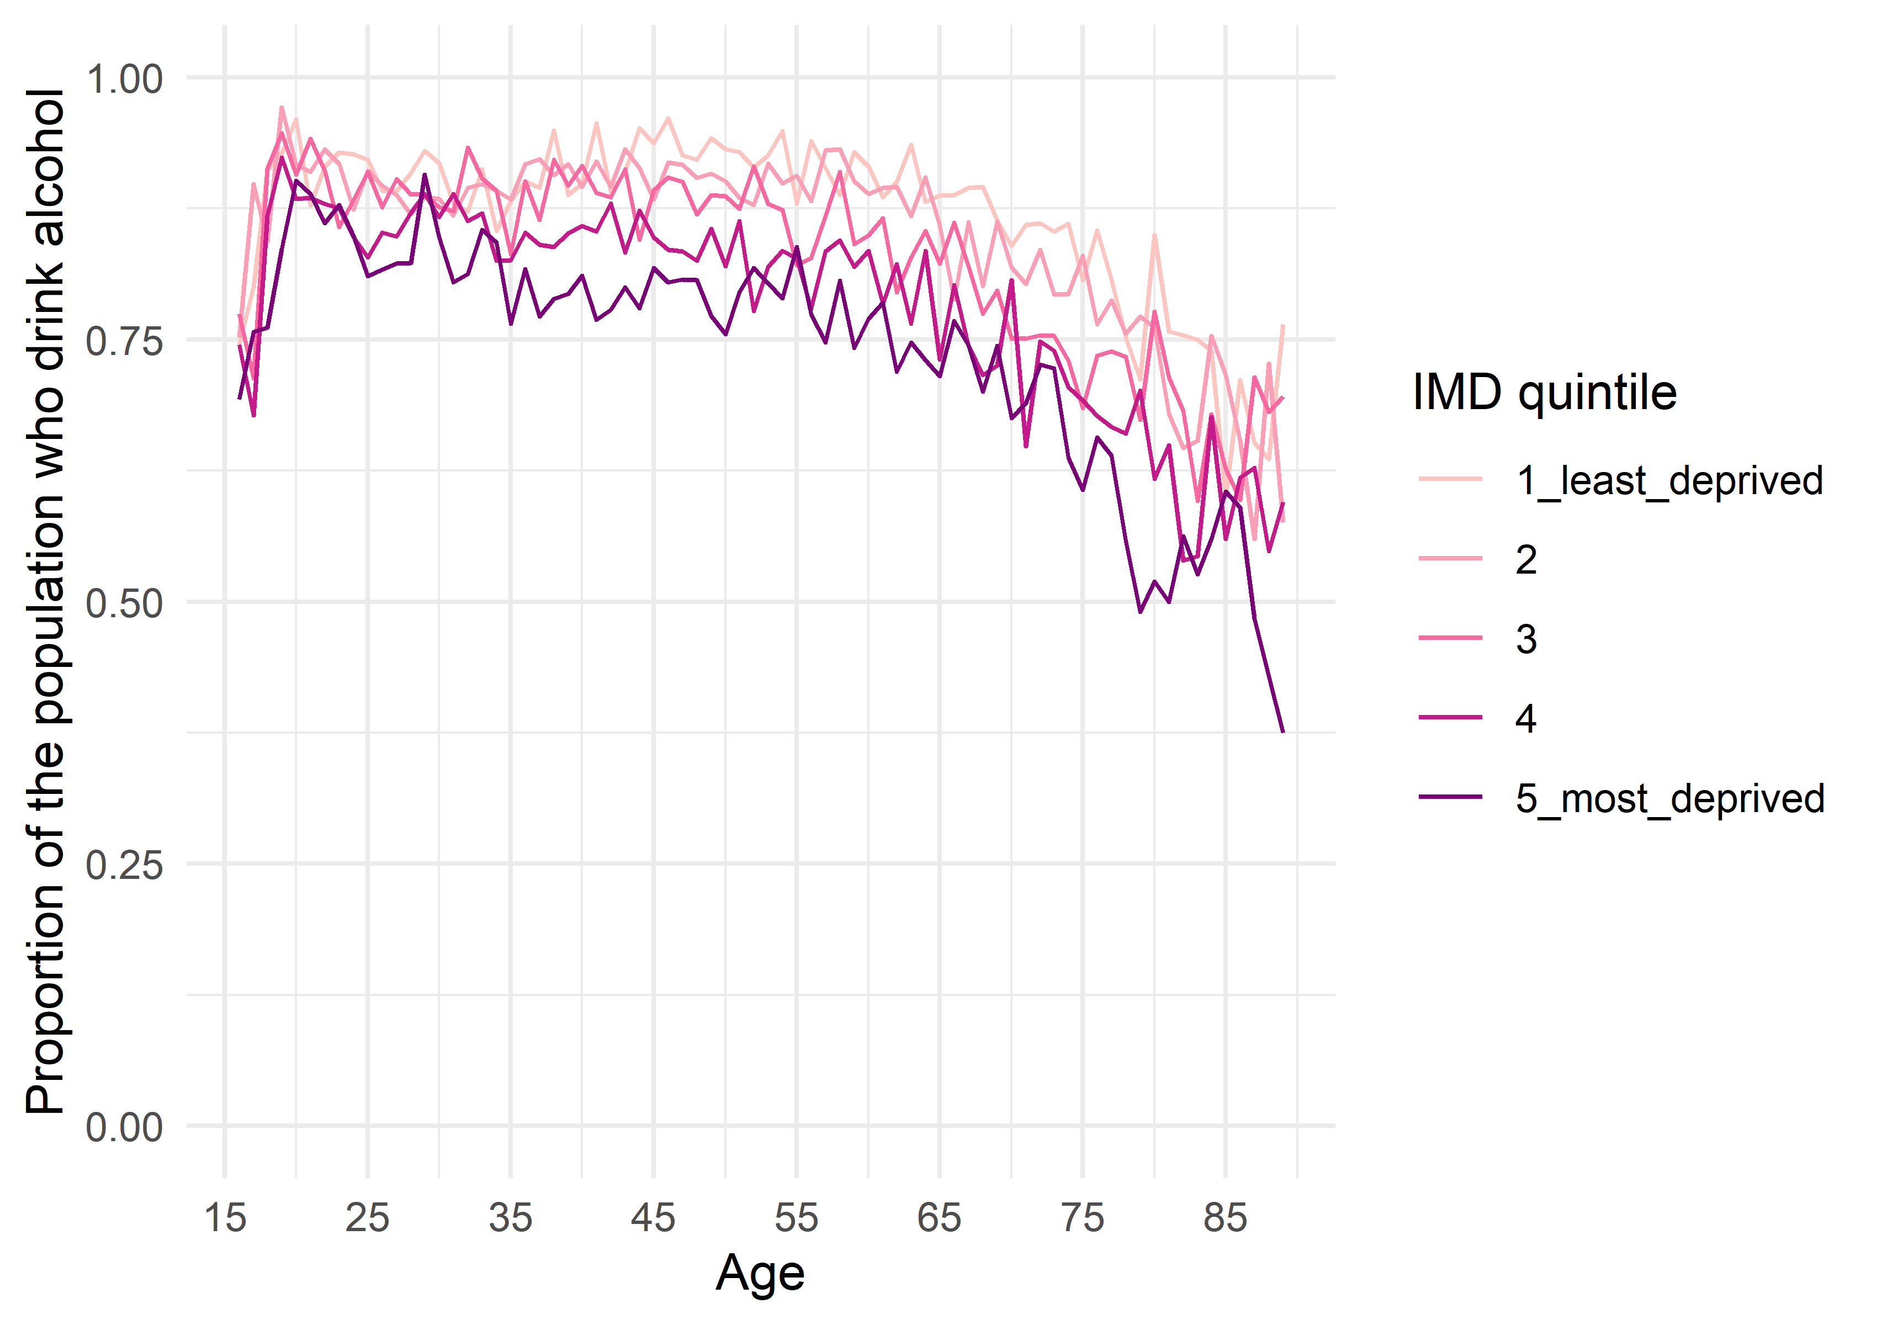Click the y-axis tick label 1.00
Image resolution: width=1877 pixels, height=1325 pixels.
click(124, 79)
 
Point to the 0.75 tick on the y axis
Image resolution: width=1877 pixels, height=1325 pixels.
click(124, 341)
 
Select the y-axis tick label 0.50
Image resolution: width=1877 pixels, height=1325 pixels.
click(124, 604)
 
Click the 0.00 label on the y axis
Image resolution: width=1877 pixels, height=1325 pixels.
click(124, 1128)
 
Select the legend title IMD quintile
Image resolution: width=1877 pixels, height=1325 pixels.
click(1544, 393)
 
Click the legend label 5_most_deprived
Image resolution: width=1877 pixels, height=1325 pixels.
click(1669, 798)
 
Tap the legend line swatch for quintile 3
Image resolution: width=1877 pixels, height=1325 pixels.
click(1450, 638)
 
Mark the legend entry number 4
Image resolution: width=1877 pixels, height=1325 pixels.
click(1525, 718)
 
